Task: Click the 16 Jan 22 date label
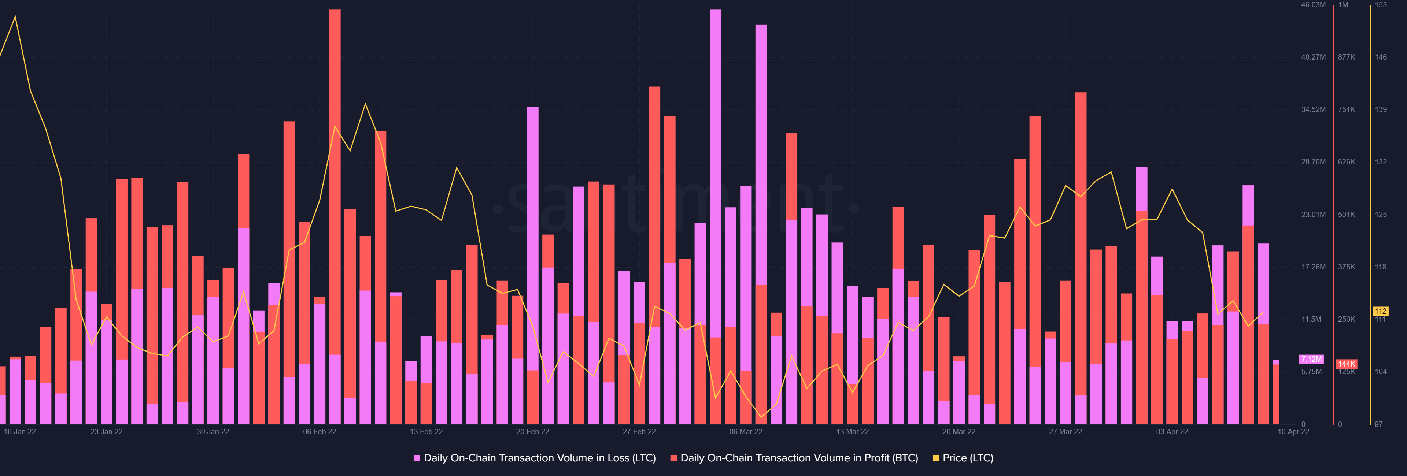click(x=20, y=432)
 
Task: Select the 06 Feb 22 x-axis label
click(x=320, y=432)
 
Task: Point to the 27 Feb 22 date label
click(x=639, y=432)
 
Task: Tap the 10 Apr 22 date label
click(x=1293, y=432)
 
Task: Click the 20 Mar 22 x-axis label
click(x=959, y=432)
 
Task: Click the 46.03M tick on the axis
click(x=1313, y=5)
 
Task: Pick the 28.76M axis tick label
click(x=1313, y=162)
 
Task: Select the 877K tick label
click(x=1347, y=57)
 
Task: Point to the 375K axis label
click(x=1347, y=267)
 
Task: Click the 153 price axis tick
click(x=1381, y=5)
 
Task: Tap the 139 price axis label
click(x=1381, y=110)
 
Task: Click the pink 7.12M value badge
click(x=1311, y=359)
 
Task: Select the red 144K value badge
click(x=1347, y=364)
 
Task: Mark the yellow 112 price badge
click(x=1380, y=311)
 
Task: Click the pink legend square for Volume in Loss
click(x=417, y=458)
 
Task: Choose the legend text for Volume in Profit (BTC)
click(x=798, y=458)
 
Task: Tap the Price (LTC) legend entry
click(x=967, y=458)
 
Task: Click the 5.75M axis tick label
click(x=1311, y=372)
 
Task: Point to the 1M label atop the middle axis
click(x=1343, y=5)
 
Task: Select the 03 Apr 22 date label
click(x=1172, y=432)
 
